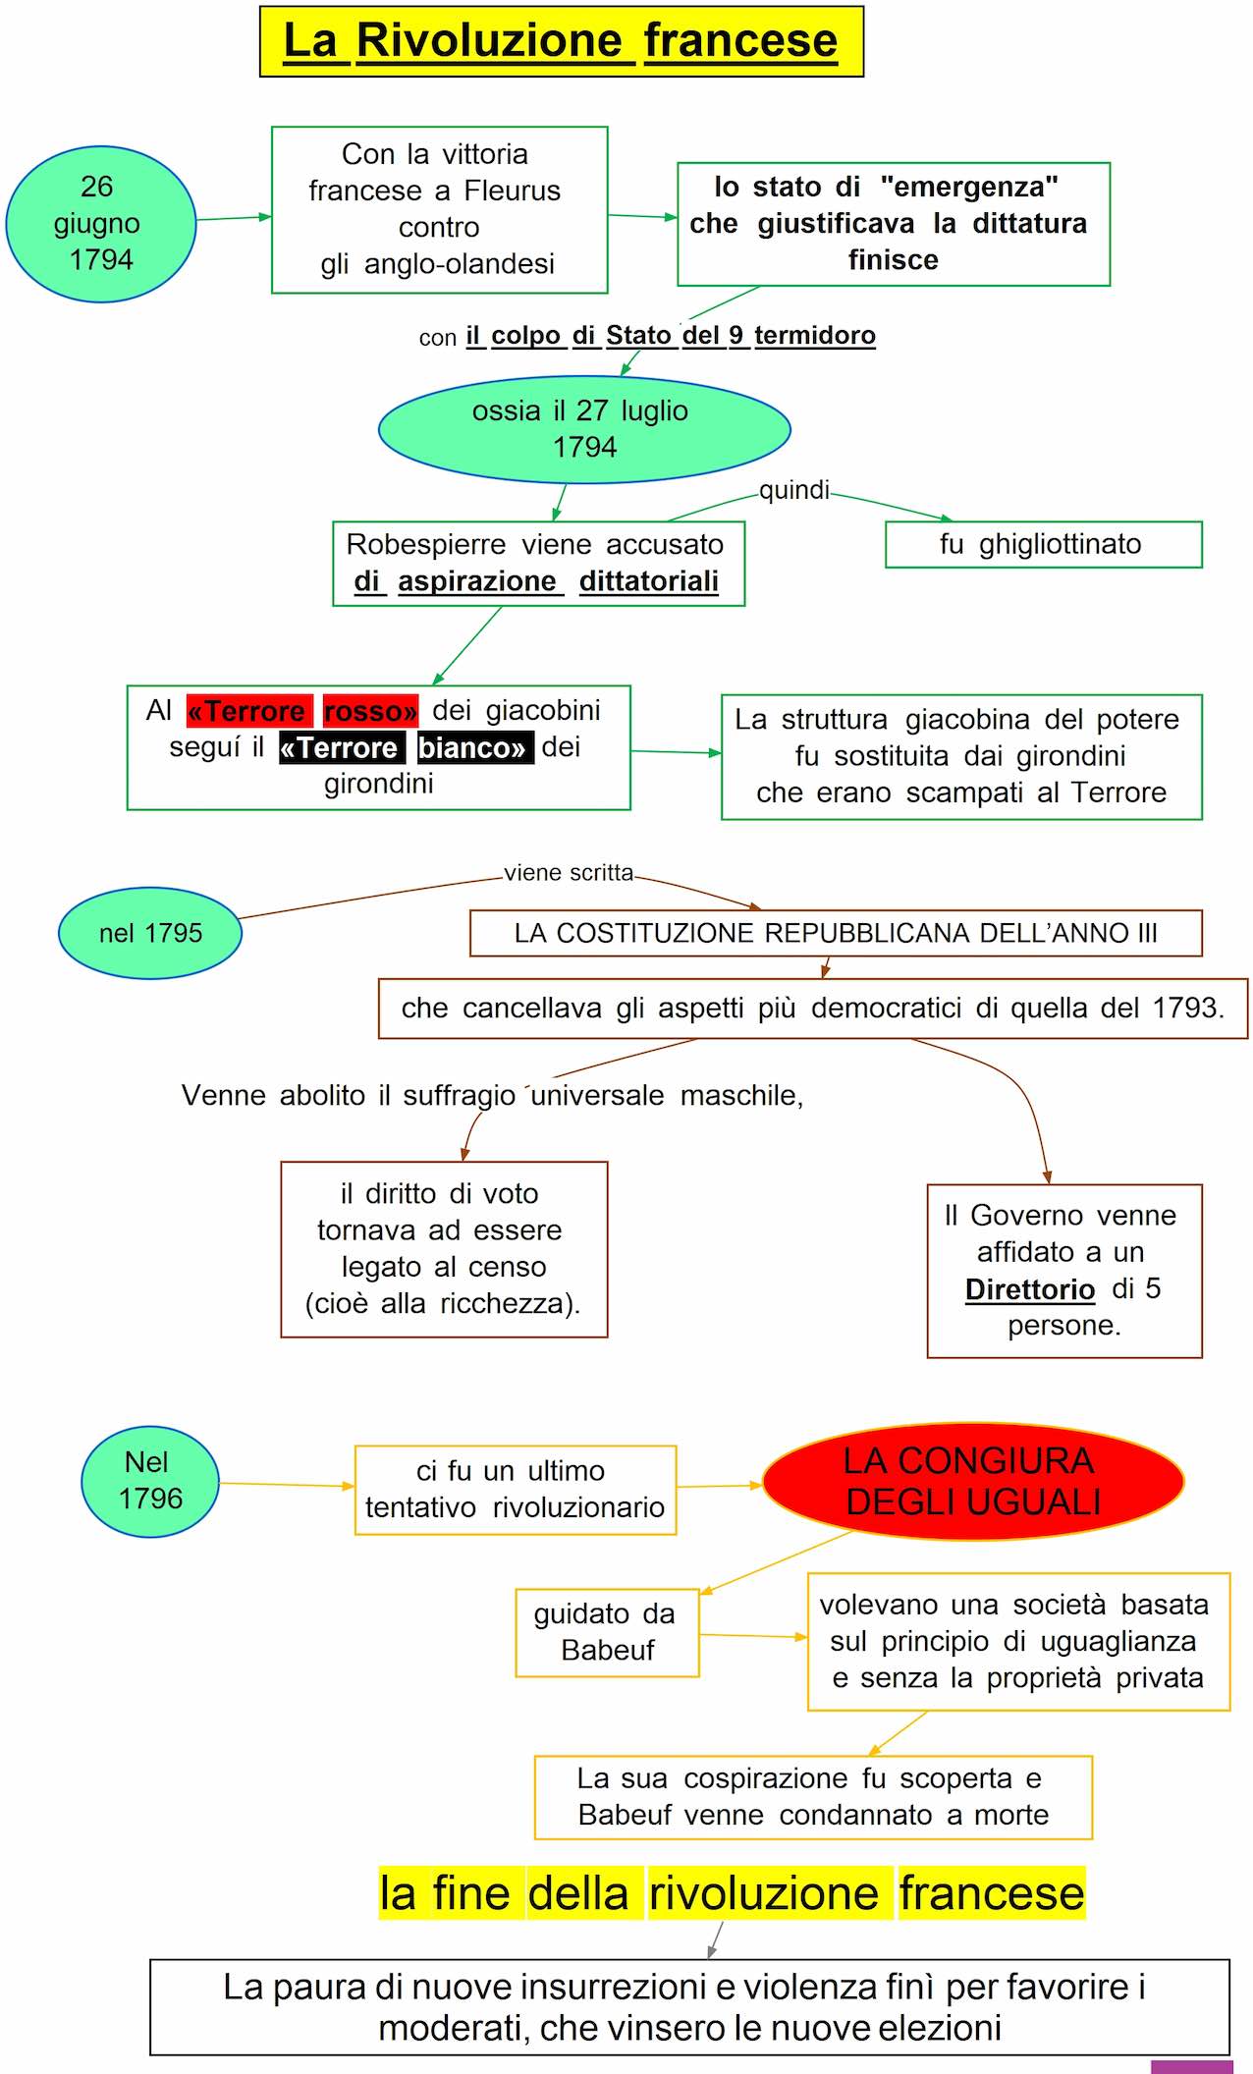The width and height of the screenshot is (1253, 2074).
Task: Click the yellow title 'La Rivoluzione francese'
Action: tap(561, 41)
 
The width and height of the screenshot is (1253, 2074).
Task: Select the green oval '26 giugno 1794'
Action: tap(100, 224)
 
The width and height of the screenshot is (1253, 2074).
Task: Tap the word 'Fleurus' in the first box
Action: tap(512, 191)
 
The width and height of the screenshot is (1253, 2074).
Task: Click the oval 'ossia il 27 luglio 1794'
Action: tap(584, 429)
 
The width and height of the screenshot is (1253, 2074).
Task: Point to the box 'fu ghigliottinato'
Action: tap(1043, 545)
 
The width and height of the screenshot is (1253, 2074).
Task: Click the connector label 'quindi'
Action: tap(793, 490)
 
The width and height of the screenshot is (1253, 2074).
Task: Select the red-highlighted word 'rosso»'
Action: tap(370, 711)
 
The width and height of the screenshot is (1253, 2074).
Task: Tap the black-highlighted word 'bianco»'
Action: tap(474, 748)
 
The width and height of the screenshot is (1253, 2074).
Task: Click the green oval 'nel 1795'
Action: tap(150, 933)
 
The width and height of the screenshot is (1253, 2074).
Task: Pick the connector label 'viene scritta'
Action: tap(569, 873)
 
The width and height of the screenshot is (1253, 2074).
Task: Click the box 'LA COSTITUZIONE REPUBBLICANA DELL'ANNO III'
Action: tap(836, 933)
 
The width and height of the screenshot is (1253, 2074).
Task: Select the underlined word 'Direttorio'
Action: tap(1029, 1289)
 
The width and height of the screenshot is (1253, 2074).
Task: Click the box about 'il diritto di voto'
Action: tap(444, 1249)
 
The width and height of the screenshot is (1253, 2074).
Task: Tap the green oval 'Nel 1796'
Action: tap(150, 1481)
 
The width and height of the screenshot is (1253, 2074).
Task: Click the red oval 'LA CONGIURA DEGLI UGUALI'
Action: tap(972, 1482)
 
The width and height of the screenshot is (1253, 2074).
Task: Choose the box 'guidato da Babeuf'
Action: tap(607, 1632)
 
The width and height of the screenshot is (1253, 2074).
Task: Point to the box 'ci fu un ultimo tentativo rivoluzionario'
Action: tap(516, 1490)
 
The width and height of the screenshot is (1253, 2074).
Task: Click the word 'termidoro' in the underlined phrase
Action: tap(814, 336)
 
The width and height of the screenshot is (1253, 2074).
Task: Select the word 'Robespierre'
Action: tap(426, 545)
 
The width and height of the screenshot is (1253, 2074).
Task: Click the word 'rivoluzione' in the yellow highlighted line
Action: tap(763, 1893)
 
